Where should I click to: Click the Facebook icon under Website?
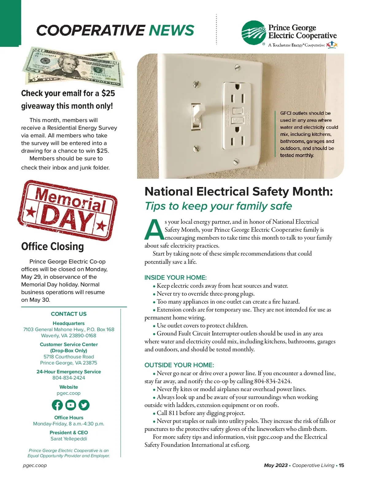(57, 405)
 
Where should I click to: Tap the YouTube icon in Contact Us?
(71, 405)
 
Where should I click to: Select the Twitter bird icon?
(84, 405)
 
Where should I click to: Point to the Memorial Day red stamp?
(67, 210)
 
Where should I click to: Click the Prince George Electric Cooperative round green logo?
(254, 33)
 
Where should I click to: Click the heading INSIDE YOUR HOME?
(175, 278)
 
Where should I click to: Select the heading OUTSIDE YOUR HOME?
(179, 365)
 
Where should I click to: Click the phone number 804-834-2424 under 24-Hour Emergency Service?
(69, 378)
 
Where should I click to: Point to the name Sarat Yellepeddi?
(69, 439)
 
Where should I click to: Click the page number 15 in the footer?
(341, 465)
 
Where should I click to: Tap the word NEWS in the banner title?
(171, 30)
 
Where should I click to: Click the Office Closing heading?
(52, 247)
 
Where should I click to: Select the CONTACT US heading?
(69, 314)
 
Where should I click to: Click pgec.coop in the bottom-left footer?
(35, 465)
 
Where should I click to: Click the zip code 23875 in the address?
(90, 363)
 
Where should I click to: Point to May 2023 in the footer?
(276, 465)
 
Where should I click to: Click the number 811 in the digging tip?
(173, 413)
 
